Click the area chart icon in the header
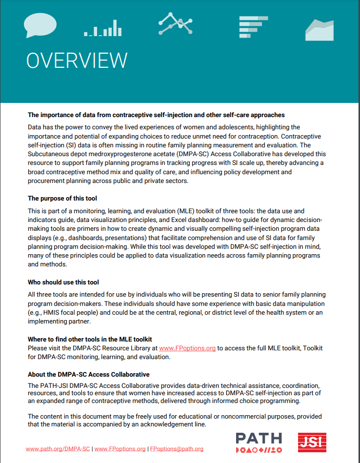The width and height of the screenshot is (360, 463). pos(319,30)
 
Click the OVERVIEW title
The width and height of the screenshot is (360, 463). pos(77,60)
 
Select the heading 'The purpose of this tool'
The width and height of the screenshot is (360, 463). pos(62,199)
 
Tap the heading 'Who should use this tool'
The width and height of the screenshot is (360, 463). pos(63,282)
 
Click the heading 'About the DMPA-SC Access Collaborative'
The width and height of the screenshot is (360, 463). pos(88,374)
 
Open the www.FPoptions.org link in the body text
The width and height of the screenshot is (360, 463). pos(187,348)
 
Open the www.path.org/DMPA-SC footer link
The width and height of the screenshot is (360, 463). pos(58,449)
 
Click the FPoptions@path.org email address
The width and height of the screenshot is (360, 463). pos(176,449)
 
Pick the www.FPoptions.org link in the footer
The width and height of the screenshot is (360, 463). pos(120,449)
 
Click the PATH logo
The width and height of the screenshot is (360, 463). pos(259,442)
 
